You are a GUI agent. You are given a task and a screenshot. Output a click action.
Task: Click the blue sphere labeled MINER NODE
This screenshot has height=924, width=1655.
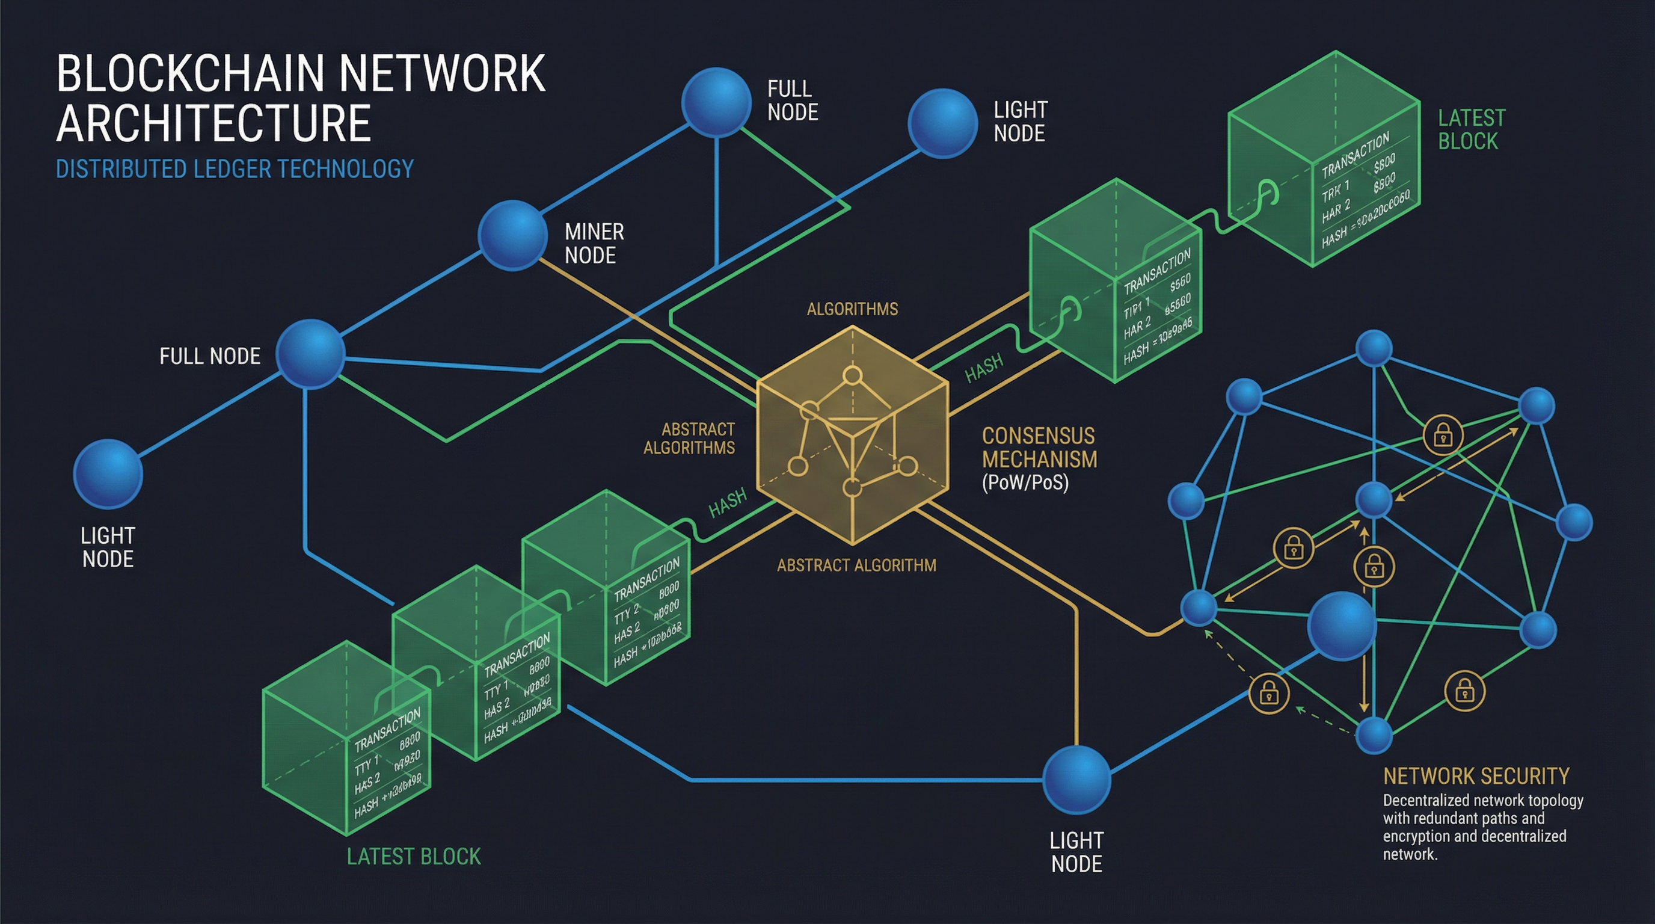tap(512, 235)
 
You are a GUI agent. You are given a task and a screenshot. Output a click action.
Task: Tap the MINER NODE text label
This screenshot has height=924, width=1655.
tap(594, 244)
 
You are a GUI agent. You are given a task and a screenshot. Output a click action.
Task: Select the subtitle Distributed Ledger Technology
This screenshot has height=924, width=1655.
tap(235, 169)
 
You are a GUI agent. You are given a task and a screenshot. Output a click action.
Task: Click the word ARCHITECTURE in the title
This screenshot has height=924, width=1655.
tap(213, 123)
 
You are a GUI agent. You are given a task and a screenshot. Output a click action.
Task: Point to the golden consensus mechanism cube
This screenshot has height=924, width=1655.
tap(852, 436)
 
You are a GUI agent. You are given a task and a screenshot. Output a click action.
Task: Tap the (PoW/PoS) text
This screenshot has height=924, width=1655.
tap(1025, 482)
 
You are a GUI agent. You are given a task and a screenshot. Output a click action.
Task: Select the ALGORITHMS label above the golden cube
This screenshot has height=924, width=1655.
tap(852, 309)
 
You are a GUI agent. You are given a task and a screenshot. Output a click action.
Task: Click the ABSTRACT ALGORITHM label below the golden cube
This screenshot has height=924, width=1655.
tap(856, 565)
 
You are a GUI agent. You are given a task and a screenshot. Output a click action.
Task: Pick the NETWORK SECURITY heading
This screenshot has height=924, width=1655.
tap(1476, 776)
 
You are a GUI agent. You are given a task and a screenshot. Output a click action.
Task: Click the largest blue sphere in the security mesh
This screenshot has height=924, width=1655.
tap(1342, 626)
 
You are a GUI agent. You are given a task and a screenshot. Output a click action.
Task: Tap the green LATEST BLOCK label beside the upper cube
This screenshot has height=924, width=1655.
tap(1470, 130)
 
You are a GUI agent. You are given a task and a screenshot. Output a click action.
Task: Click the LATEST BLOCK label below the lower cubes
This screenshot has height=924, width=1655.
tap(413, 857)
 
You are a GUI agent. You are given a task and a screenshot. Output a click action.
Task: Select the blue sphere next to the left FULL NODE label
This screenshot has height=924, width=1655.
tap(310, 354)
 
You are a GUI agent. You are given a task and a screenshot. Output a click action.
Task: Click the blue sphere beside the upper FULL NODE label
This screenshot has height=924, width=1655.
tap(716, 102)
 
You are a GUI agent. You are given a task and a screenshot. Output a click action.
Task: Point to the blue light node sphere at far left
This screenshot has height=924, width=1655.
tap(107, 474)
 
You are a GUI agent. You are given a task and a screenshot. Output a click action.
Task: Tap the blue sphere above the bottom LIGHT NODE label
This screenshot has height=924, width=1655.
tap(1076, 780)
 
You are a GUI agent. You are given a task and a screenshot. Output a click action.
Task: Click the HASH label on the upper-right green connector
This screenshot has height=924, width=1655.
tap(984, 369)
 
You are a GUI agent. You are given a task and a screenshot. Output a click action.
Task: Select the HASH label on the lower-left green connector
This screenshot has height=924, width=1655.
tap(727, 502)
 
